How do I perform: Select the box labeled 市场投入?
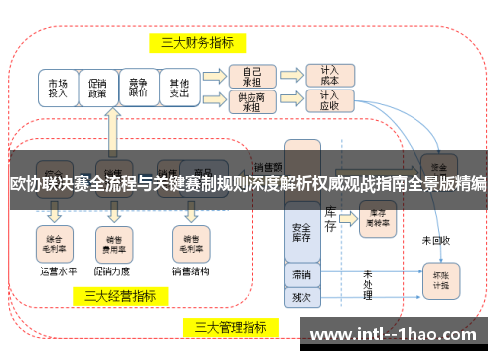59,88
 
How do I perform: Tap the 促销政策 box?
97,88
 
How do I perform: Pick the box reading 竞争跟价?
139,88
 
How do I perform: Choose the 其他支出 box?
179,88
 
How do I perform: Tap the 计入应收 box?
329,101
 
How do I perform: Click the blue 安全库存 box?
301,231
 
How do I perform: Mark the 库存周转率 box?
376,216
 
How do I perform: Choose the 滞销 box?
301,273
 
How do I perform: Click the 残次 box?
301,295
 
